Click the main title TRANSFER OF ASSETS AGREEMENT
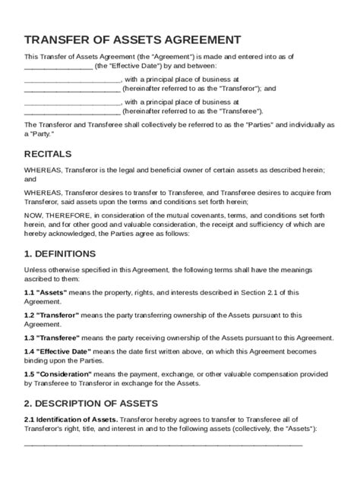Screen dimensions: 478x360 point(133,39)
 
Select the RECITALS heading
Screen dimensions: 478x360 point(52,154)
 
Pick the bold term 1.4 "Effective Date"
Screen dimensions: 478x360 point(61,351)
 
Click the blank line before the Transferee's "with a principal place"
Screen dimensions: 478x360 point(72,101)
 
